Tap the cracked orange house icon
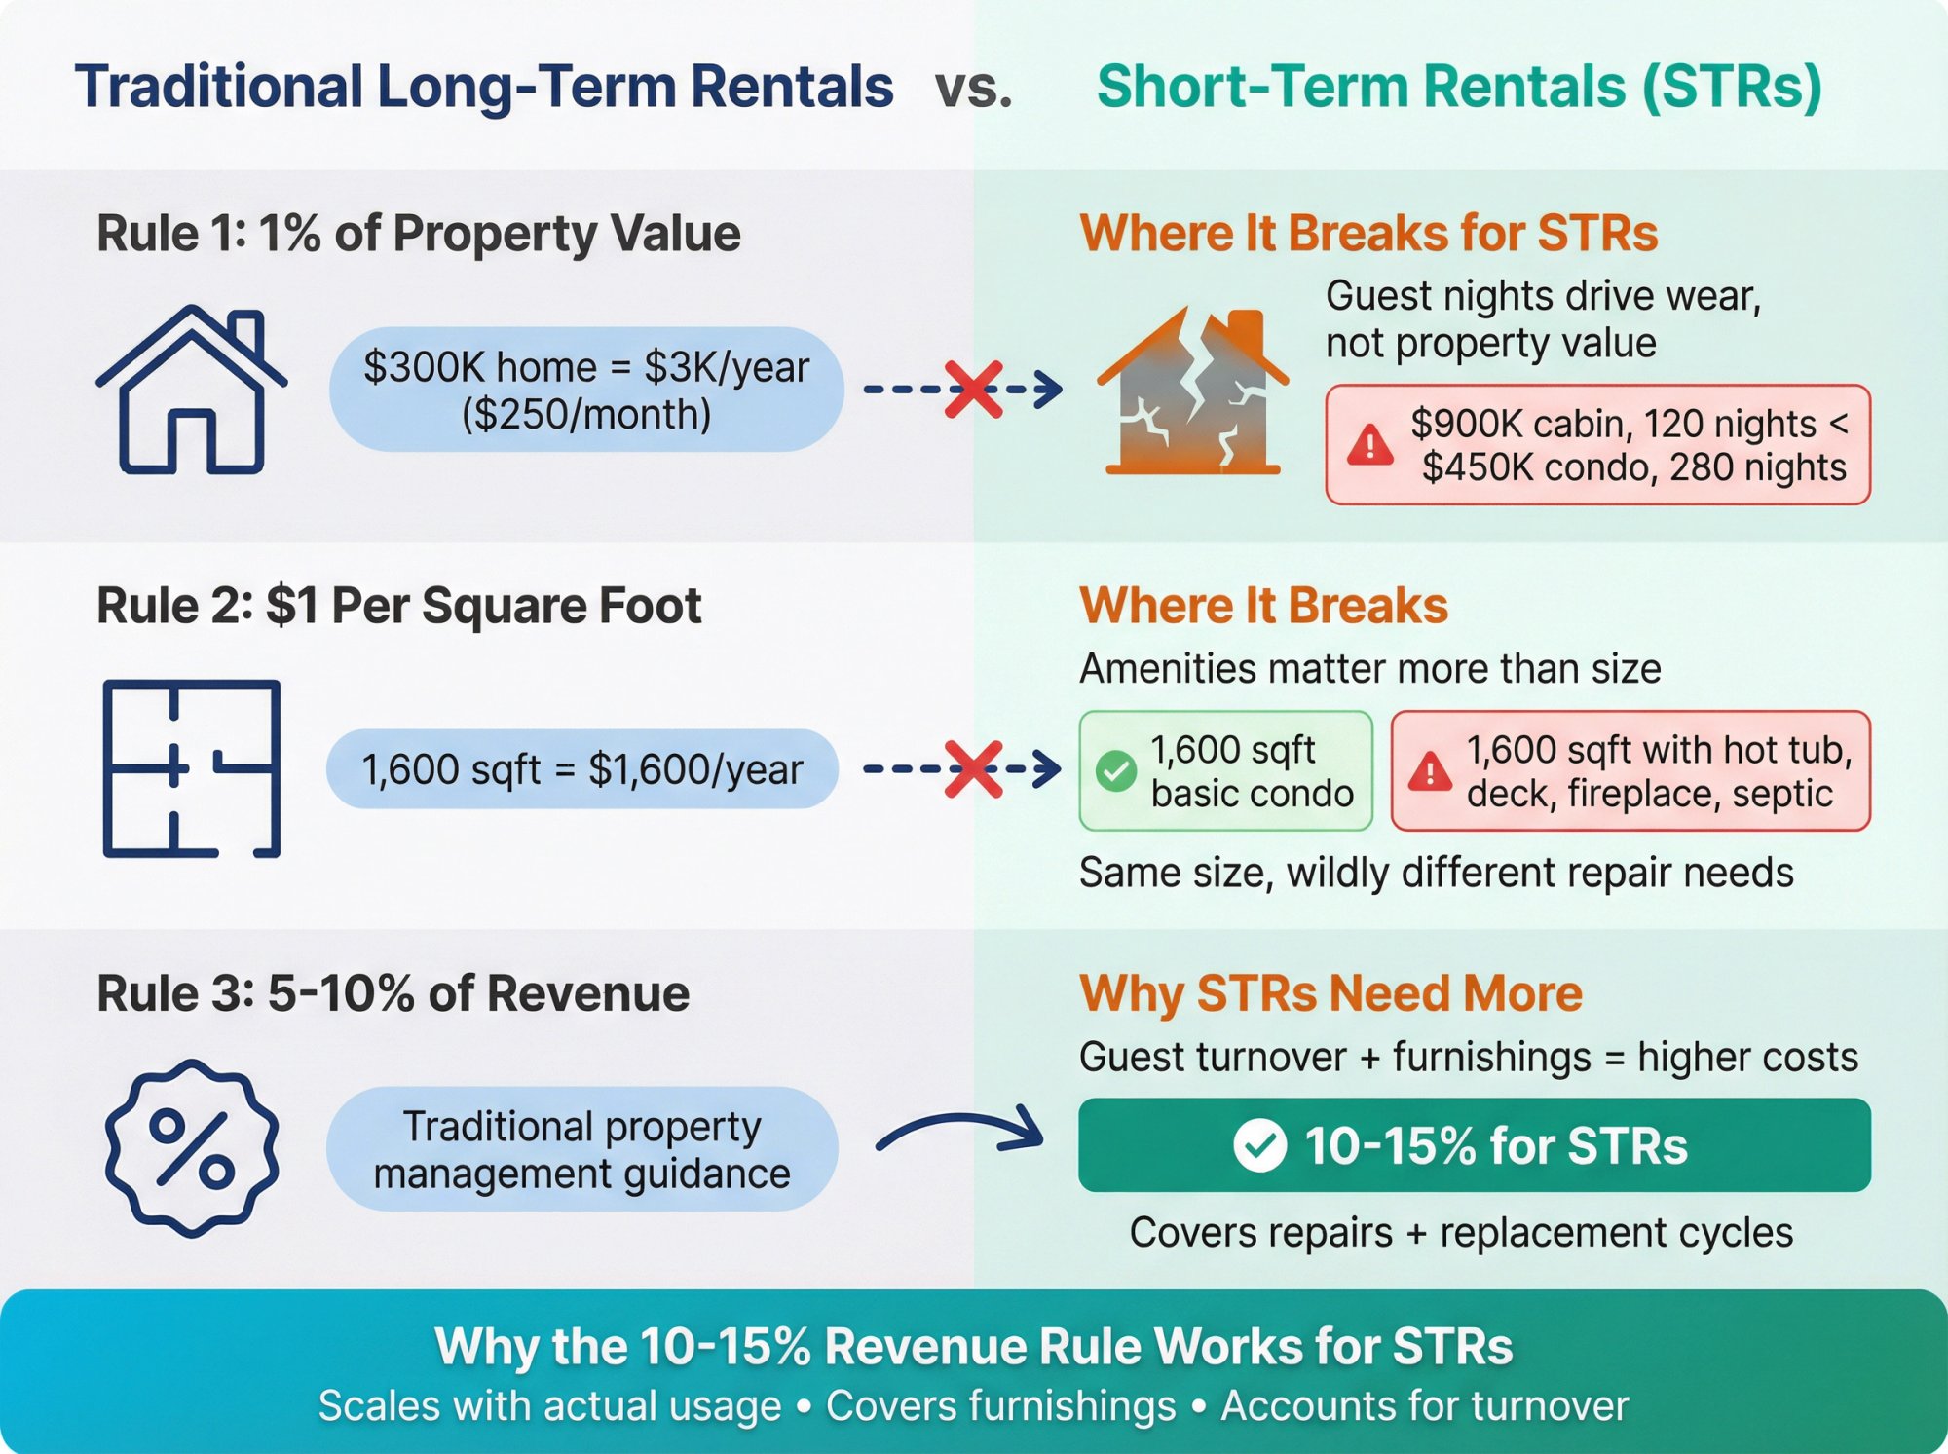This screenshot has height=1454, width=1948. tap(1192, 391)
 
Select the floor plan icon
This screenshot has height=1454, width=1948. tap(192, 768)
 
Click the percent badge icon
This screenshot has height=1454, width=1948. tap(192, 1148)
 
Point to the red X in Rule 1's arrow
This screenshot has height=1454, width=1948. tap(974, 390)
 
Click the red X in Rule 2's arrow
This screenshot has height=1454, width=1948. tap(974, 768)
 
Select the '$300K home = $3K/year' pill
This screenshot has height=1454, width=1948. tap(586, 390)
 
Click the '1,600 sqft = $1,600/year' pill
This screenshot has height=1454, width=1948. tap(582, 769)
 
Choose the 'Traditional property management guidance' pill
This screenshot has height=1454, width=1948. tap(582, 1149)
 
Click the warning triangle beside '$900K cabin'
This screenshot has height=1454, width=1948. tap(1369, 445)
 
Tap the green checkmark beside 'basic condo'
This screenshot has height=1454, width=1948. tap(1115, 771)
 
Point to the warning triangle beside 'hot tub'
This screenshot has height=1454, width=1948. tap(1430, 771)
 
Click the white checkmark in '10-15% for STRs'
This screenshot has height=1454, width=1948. tap(1259, 1145)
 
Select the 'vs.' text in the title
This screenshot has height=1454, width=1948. tap(973, 88)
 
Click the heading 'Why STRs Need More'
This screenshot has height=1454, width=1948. tap(1330, 993)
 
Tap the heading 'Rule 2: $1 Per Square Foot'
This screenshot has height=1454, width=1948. tap(398, 606)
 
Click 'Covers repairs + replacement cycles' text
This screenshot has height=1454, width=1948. tap(1461, 1233)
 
